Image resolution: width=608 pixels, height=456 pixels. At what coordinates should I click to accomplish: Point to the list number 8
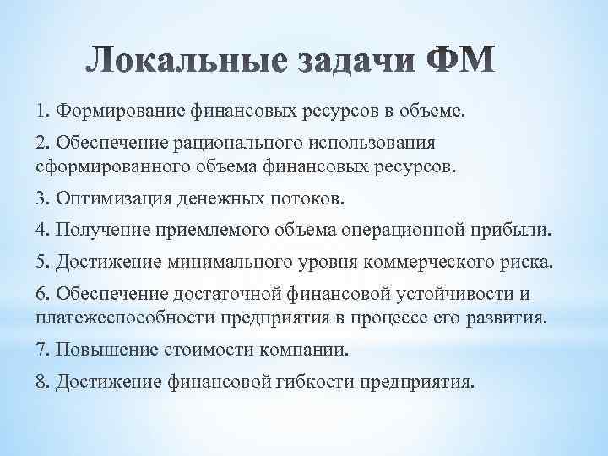[43, 382]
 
